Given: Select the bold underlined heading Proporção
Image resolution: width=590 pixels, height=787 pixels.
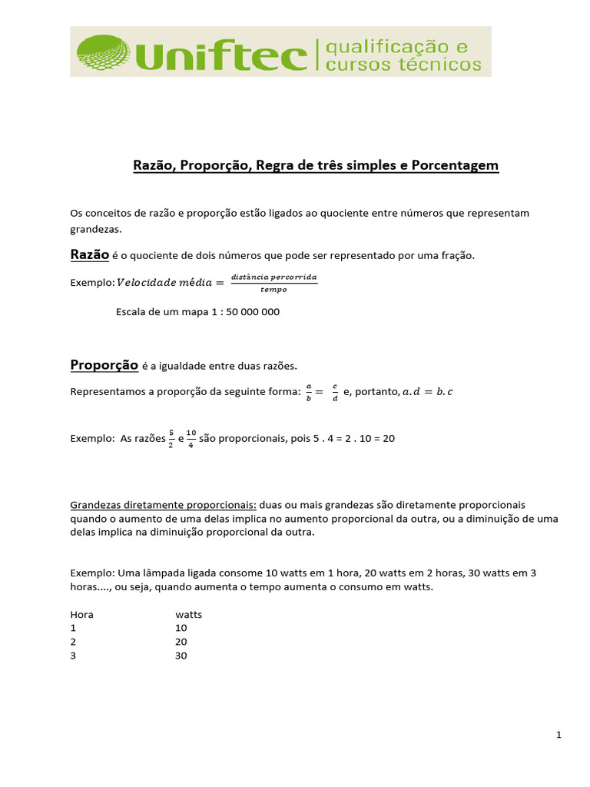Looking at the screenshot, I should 104,364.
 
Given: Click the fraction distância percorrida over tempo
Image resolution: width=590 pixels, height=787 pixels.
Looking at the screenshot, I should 273,282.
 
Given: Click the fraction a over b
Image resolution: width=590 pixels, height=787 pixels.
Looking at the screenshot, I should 308,392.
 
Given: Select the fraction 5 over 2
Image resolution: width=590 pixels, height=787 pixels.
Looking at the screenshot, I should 171,439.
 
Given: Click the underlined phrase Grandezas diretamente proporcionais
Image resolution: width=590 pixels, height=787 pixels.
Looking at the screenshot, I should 163,505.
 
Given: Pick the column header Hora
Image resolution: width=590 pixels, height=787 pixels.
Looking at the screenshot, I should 81,614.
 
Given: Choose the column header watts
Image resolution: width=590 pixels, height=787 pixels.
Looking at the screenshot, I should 188,614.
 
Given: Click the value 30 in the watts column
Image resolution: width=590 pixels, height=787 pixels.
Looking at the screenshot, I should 181,656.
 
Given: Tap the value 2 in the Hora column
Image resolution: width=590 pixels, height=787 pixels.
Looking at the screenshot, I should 73,642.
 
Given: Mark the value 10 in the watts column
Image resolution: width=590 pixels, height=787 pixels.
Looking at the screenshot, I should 181,628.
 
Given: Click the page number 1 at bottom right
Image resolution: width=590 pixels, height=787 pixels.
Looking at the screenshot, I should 559,736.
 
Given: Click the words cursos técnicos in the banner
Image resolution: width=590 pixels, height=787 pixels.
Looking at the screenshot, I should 404,65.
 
